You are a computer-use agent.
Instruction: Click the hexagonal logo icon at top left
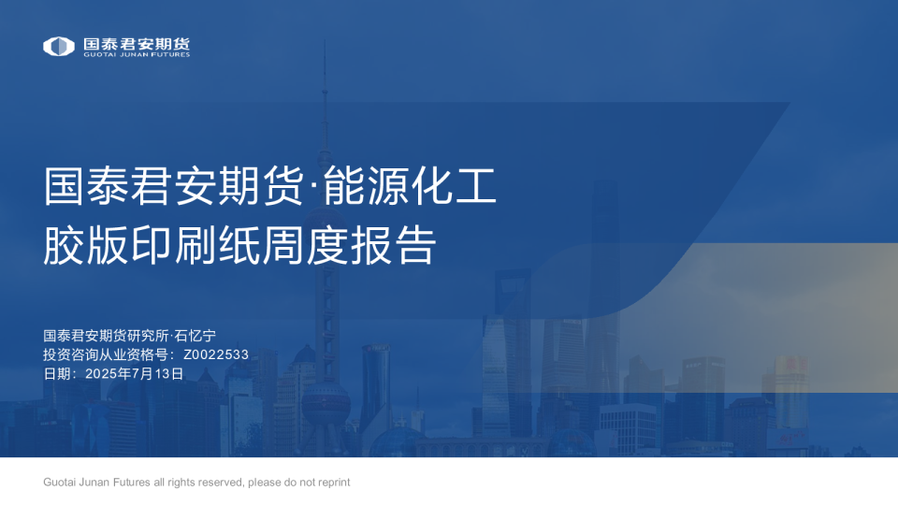coord(59,46)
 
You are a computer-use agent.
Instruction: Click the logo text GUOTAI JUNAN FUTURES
coord(137,55)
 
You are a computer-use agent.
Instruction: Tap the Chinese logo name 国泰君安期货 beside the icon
coord(137,43)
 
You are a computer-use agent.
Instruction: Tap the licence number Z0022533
coord(216,354)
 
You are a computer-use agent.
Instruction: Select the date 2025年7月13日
coord(134,373)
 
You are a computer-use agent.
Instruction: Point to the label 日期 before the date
coord(58,373)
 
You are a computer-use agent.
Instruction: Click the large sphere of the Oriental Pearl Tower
coord(326,397)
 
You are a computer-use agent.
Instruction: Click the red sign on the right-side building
coord(791,361)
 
